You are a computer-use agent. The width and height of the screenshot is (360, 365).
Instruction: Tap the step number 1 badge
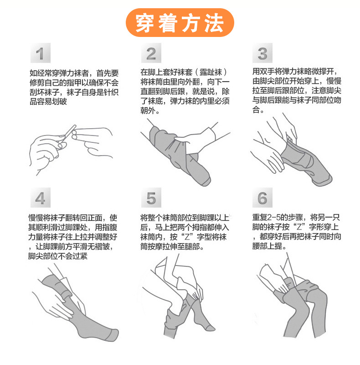(x=41, y=54)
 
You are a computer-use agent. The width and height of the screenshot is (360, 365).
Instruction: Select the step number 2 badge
(x=151, y=54)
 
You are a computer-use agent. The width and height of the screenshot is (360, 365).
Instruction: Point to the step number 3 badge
(x=262, y=54)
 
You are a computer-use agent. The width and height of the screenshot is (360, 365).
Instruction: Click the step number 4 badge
(x=41, y=198)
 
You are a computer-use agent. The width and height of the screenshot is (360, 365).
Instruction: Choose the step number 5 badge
(x=151, y=198)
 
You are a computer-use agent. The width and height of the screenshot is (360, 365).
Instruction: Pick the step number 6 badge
(x=262, y=198)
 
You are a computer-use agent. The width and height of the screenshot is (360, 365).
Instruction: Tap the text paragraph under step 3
(x=296, y=91)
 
